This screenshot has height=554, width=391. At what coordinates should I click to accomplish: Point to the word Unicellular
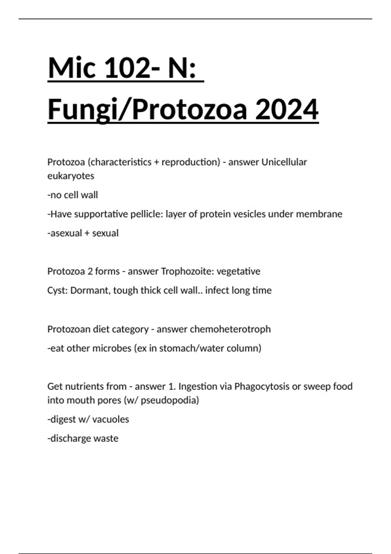[x=284, y=162]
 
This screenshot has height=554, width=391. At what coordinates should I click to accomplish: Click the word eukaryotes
[x=71, y=176]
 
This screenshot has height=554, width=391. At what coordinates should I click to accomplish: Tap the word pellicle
[x=146, y=214]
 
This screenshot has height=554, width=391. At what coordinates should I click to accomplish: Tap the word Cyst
[x=57, y=290]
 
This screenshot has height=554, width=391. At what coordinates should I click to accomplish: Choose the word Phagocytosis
[x=262, y=386]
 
